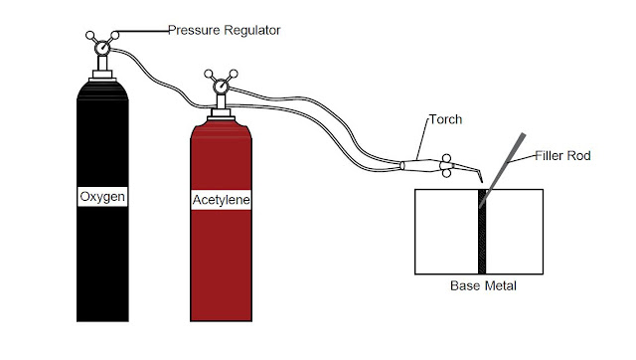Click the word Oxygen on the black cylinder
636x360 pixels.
pos(104,198)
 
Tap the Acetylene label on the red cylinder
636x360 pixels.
pos(221,202)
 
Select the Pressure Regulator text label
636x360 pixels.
pos(225,31)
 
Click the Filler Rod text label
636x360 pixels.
pos(563,156)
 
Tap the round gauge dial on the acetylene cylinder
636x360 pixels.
pos(221,88)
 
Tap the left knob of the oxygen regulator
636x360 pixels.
pos(88,36)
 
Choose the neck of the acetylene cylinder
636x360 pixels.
pos(221,112)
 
